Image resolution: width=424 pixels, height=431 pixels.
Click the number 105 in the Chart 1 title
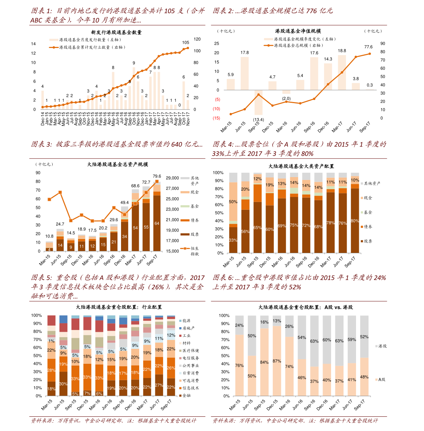(169, 11)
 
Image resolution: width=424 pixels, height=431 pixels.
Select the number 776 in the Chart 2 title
(312, 11)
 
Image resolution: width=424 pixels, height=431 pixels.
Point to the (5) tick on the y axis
(217, 100)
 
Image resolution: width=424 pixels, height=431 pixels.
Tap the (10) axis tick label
(216, 109)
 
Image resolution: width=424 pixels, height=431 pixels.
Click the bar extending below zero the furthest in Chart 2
(258, 103)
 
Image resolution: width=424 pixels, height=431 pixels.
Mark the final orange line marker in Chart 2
(370, 54)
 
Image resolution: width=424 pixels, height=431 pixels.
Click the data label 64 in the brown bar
(157, 223)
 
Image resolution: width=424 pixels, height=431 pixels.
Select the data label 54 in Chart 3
(135, 228)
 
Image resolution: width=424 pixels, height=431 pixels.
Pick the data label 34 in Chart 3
(125, 236)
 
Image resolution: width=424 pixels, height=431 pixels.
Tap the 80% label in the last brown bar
(355, 221)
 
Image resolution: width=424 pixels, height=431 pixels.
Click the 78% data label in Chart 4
(330, 223)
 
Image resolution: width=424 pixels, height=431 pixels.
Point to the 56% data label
(245, 232)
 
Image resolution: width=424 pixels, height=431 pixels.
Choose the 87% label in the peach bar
(277, 361)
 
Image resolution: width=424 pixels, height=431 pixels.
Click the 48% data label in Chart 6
(364, 377)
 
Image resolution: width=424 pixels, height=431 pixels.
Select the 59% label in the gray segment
(352, 340)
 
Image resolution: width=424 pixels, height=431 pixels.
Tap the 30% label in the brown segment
(63, 384)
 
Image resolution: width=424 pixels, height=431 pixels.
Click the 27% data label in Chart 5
(159, 385)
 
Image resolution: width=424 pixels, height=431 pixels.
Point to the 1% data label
(52, 341)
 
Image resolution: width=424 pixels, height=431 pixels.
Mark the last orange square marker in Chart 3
(157, 181)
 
